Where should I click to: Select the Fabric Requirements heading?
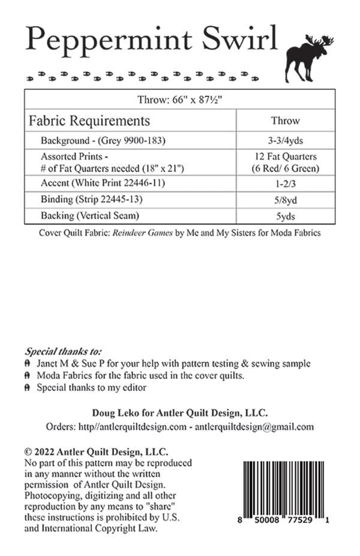click(89, 121)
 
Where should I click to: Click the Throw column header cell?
click(286, 121)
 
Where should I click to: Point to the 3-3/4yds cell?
click(286, 140)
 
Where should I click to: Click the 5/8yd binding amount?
click(286, 199)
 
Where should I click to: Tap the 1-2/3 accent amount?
click(286, 182)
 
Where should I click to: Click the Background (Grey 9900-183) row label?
click(103, 140)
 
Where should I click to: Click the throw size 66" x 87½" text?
click(180, 100)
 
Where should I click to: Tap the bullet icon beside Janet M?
click(28, 364)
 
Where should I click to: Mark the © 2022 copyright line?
click(95, 452)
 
